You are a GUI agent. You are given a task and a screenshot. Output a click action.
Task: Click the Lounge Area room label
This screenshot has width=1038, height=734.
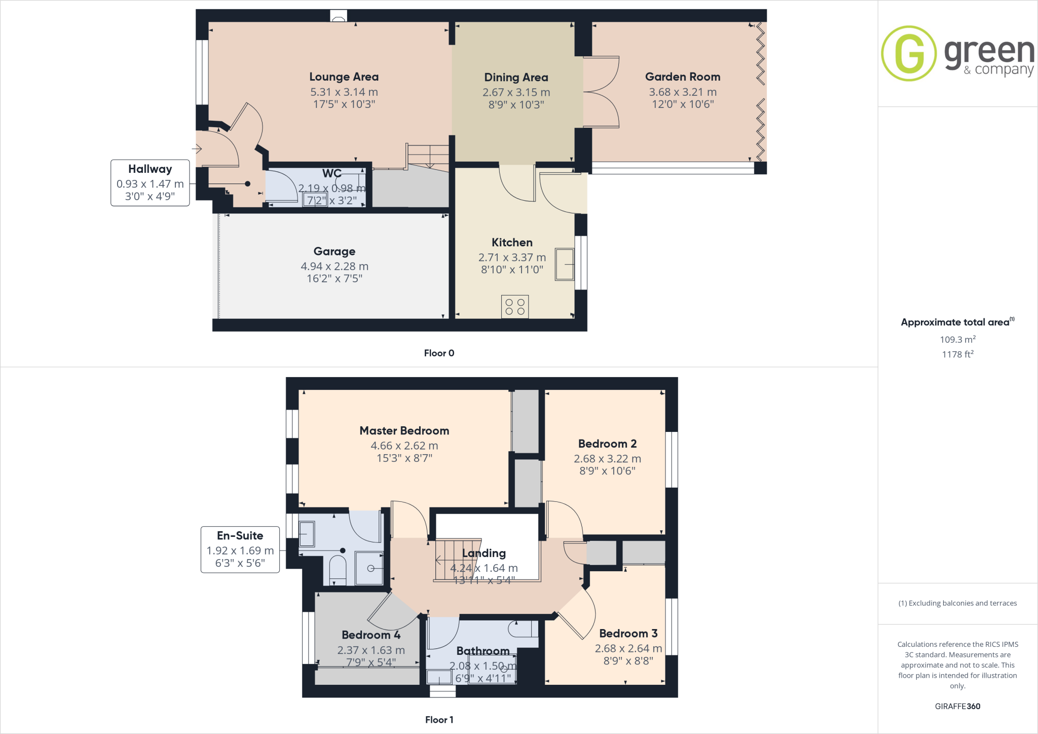(x=344, y=77)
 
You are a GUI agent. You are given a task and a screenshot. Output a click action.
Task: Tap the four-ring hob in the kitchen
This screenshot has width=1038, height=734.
(x=514, y=307)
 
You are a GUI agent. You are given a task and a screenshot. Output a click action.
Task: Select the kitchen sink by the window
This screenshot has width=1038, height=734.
(x=564, y=264)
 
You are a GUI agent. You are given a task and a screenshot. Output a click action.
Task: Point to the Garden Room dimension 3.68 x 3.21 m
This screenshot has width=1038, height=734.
(x=682, y=92)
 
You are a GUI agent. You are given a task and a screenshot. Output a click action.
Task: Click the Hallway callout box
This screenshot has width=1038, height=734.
(x=150, y=183)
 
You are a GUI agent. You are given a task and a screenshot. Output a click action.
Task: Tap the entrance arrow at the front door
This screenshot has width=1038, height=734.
(x=197, y=149)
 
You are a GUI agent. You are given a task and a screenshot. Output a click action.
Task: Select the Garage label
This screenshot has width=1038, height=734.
(x=334, y=251)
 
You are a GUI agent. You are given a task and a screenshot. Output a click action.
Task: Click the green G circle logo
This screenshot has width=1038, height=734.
(x=909, y=53)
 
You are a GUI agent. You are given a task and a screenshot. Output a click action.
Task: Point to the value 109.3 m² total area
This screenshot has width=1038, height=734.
(x=957, y=340)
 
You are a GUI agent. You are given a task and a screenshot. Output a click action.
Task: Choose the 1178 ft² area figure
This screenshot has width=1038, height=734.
(x=957, y=354)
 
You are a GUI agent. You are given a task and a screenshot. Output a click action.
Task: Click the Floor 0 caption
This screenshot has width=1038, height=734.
(x=439, y=353)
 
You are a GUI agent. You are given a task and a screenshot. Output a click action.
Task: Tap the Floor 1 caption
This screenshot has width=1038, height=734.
(x=439, y=720)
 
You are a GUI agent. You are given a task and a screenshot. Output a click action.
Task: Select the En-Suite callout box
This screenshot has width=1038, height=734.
(x=240, y=549)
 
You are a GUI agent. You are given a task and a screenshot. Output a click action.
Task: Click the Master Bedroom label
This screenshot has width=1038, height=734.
(x=404, y=431)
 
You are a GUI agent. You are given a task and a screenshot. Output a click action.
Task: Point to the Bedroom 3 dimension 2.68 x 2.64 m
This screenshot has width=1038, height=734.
(x=628, y=648)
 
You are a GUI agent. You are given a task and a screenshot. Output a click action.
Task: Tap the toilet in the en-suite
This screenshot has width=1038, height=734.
(x=338, y=569)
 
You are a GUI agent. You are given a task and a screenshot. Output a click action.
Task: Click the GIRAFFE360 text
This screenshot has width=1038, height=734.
(x=957, y=706)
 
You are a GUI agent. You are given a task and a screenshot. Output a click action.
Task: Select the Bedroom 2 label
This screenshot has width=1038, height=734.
(x=607, y=444)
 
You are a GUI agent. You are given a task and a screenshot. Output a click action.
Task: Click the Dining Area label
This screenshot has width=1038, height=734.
(x=516, y=78)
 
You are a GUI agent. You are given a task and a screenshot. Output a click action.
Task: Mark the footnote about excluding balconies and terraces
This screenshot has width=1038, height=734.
(x=957, y=603)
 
